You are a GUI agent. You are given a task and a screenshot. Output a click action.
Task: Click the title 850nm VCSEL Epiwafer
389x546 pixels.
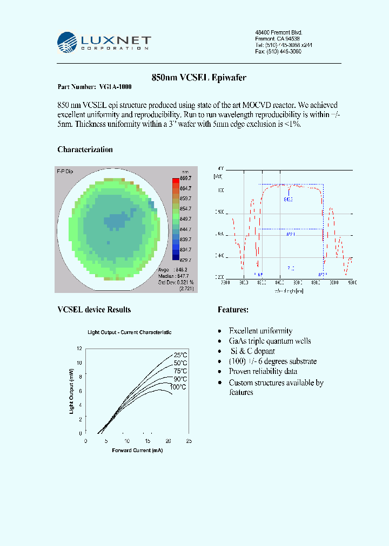(199, 78)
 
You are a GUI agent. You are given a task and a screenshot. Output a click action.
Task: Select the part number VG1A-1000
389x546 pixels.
(115, 87)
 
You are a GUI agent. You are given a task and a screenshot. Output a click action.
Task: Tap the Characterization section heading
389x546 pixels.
(85, 149)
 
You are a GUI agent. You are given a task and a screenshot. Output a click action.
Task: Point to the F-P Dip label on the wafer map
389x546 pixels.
(65, 171)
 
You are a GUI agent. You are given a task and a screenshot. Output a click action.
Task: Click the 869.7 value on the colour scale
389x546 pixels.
(185, 178)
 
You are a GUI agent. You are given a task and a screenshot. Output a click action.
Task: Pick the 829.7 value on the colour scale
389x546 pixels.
(185, 260)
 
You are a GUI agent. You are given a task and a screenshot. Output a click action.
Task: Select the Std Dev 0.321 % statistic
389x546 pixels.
(176, 282)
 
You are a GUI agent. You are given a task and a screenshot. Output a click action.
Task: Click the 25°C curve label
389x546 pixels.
(180, 355)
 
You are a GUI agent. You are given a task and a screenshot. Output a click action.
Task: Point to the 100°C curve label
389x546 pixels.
(178, 387)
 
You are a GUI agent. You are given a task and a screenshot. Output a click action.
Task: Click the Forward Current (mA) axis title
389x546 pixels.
(137, 450)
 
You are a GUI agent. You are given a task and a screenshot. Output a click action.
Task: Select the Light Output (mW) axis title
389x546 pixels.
(71, 391)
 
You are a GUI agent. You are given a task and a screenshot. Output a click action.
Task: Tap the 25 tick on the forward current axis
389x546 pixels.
(189, 441)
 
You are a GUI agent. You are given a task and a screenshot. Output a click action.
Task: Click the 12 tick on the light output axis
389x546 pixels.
(79, 349)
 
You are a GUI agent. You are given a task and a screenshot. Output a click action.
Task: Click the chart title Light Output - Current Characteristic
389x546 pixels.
(130, 332)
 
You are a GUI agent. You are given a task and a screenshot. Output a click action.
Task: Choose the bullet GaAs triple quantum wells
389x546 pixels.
(270, 341)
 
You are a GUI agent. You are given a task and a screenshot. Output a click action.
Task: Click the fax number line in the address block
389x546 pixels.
(278, 52)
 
